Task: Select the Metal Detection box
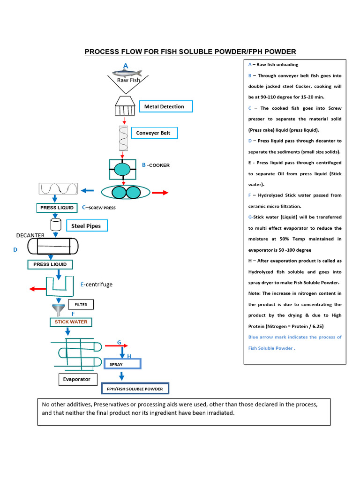(x=166, y=106)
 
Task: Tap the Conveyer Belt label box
(x=154, y=133)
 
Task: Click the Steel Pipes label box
(x=86, y=226)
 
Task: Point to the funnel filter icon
(x=59, y=310)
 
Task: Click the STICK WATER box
(x=71, y=322)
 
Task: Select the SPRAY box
(x=125, y=364)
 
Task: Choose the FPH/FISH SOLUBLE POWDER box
(x=135, y=389)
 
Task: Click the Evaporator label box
(x=78, y=379)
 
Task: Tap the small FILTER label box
(x=81, y=305)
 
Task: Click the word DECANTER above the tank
(x=30, y=235)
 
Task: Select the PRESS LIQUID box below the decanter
(x=50, y=264)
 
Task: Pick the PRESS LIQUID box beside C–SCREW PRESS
(x=57, y=207)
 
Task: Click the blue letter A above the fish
(x=126, y=65)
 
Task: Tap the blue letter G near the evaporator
(x=119, y=343)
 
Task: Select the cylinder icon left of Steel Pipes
(x=55, y=224)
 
